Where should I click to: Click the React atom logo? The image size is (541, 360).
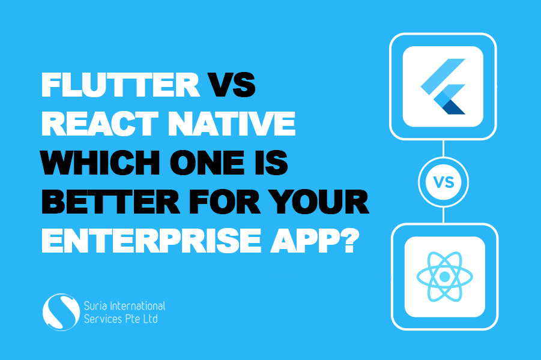click(x=444, y=277)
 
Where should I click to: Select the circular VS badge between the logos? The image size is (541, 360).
click(x=443, y=181)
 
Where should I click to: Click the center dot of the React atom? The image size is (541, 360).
click(x=444, y=277)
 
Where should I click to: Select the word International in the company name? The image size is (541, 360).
click(x=139, y=307)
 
